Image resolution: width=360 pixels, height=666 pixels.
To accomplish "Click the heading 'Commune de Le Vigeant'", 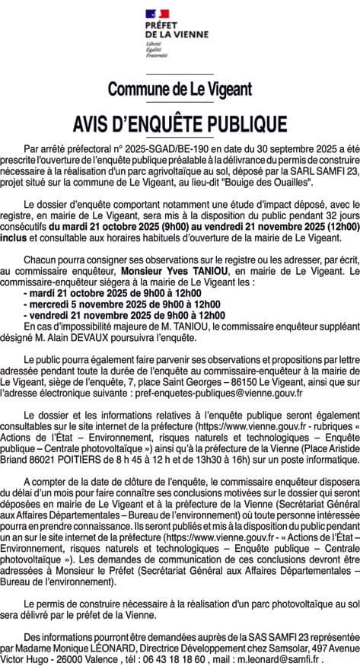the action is pyautogui.click(x=180, y=89).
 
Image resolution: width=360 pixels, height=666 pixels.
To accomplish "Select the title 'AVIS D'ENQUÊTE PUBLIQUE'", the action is pyautogui.click(x=180, y=123).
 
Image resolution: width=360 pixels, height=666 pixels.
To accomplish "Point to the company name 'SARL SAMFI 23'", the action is pyautogui.click(x=312, y=173).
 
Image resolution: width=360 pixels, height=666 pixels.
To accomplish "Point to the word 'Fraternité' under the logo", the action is pyautogui.click(x=158, y=56).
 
